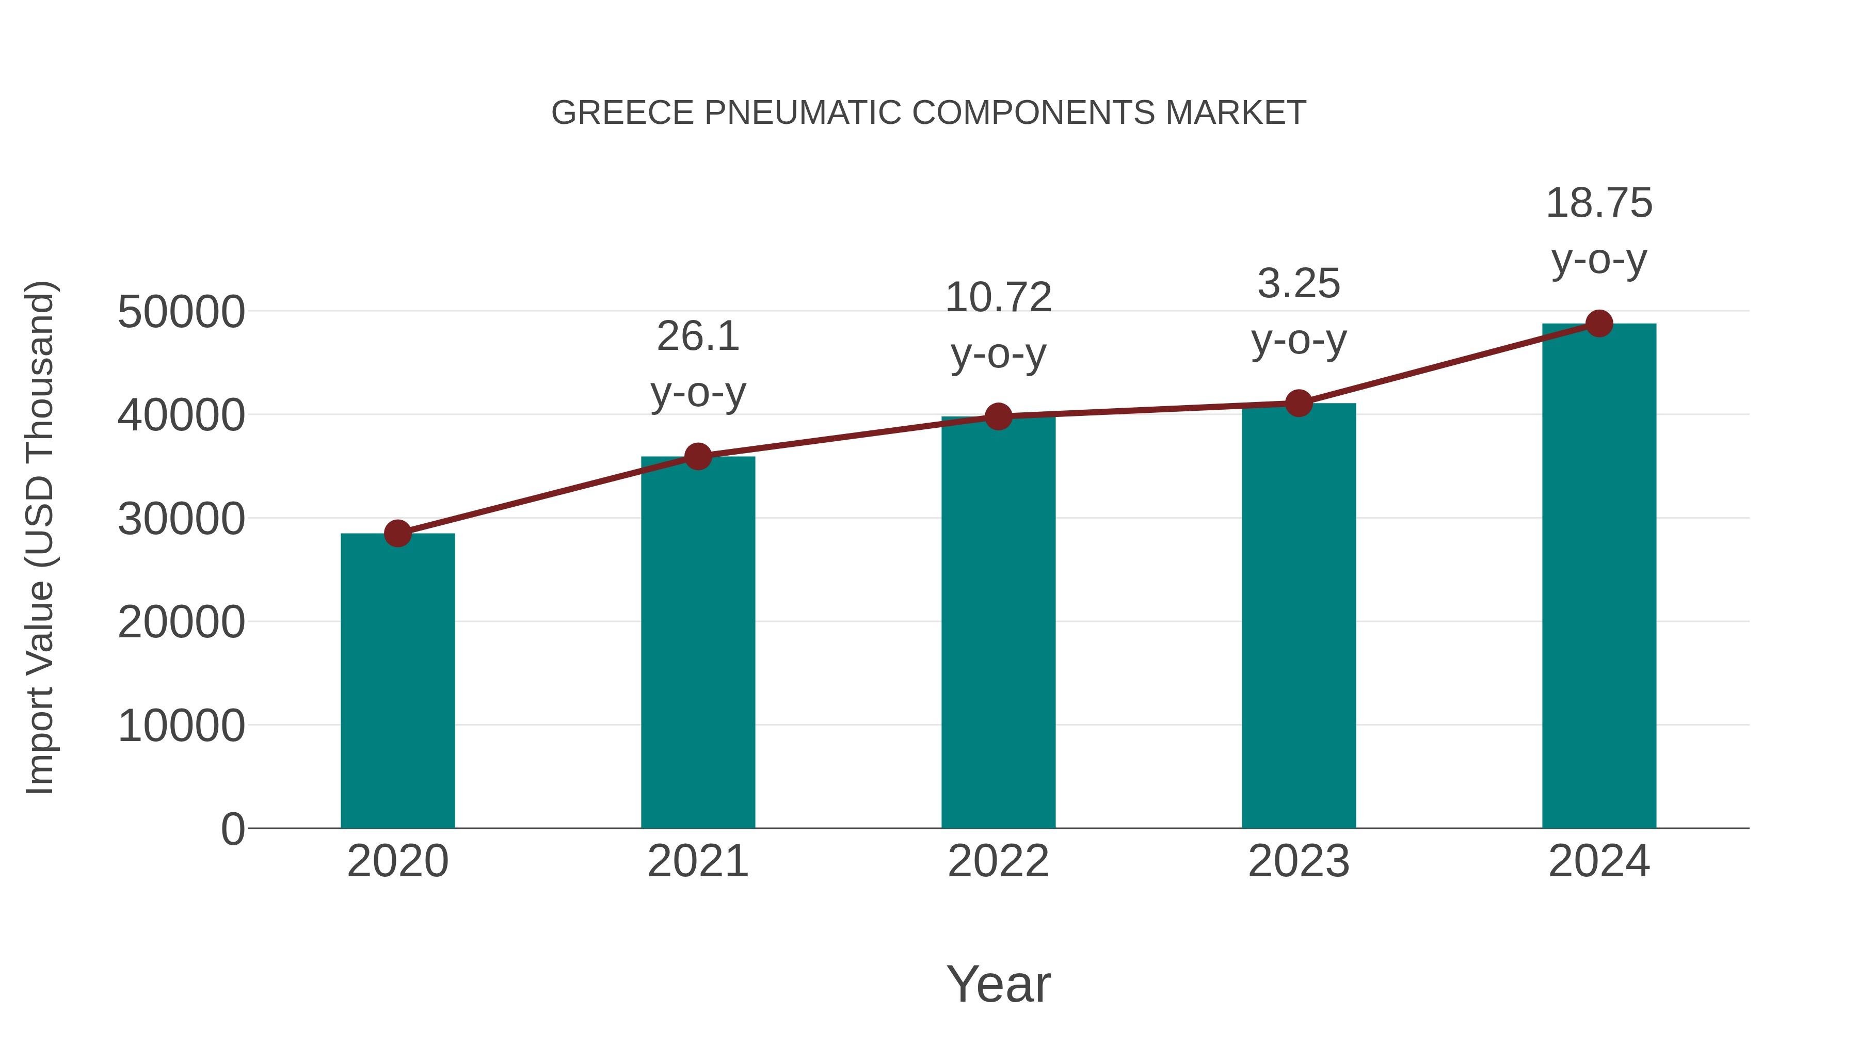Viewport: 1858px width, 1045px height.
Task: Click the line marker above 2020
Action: (397, 534)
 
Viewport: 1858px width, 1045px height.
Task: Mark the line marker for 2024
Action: (1599, 324)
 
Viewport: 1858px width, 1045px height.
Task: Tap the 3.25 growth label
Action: (1299, 312)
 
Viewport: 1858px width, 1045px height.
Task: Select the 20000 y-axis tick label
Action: (181, 622)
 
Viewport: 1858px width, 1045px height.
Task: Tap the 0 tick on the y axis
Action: (233, 829)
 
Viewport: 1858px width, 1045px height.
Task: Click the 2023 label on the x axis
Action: (1299, 861)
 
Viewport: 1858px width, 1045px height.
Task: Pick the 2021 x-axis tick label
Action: (697, 861)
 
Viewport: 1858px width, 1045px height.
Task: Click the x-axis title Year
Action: (998, 984)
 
